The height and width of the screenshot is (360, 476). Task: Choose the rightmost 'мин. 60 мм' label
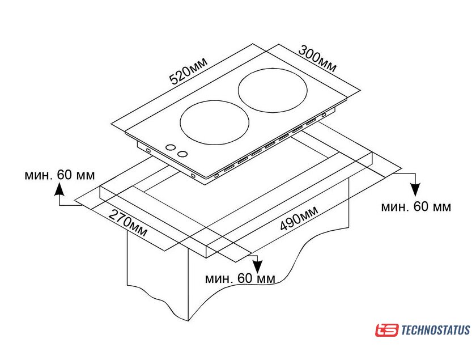[x=416, y=207]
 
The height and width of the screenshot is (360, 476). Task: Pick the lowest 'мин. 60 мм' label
[x=240, y=278]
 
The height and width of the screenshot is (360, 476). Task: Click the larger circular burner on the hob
[x=273, y=89]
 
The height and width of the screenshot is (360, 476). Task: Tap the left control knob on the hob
[x=169, y=147]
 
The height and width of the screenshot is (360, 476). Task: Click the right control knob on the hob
[x=182, y=153]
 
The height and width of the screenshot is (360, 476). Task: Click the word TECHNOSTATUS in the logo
[x=435, y=330]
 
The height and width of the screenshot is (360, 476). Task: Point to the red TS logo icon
[x=386, y=330]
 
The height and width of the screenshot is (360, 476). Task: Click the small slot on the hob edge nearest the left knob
[x=147, y=150]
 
